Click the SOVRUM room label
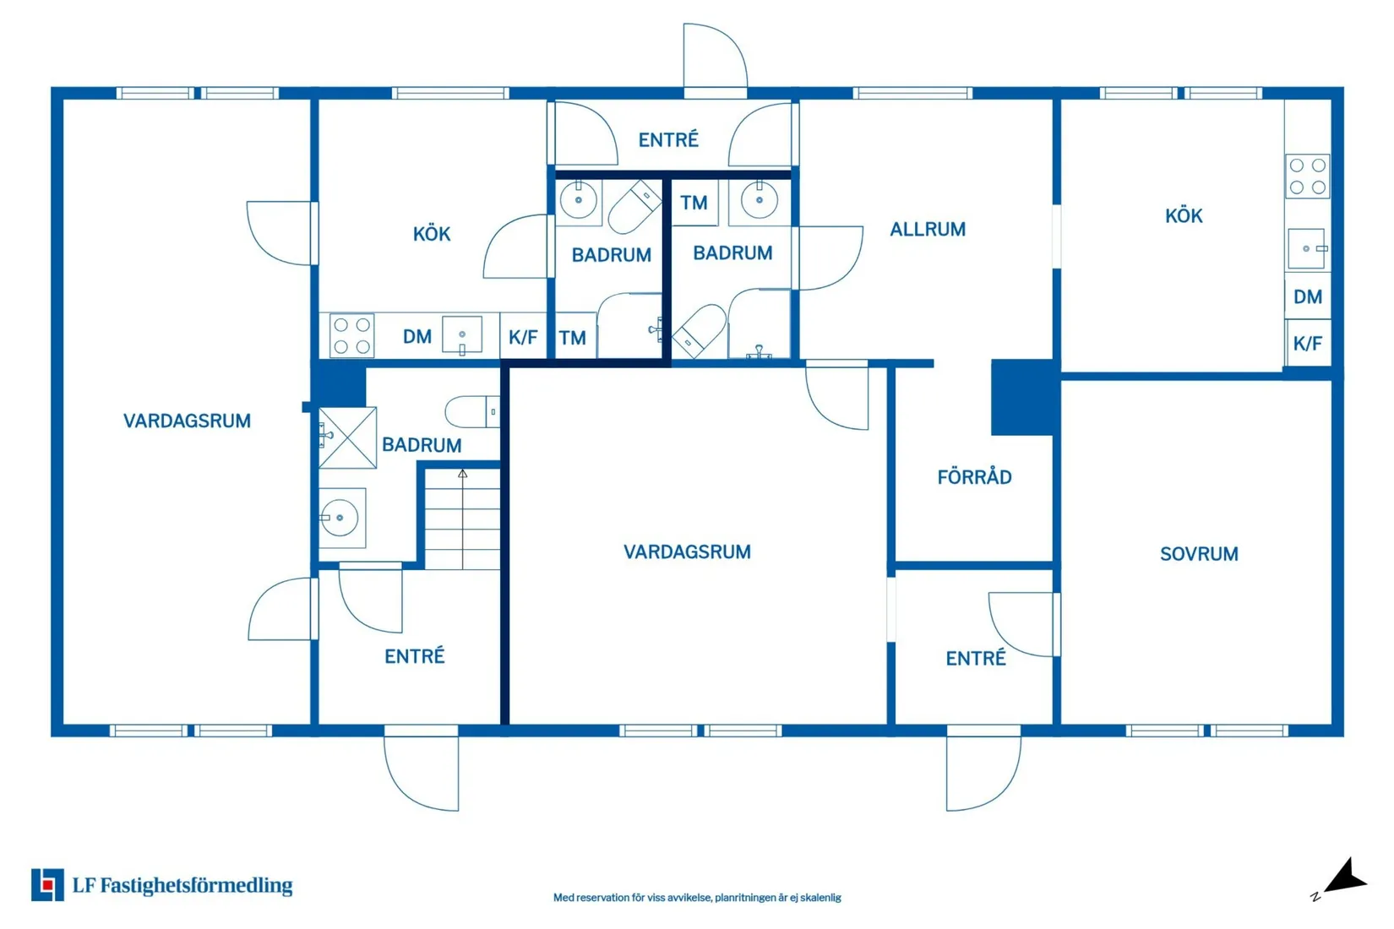(1199, 554)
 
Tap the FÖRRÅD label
(975, 477)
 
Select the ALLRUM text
(928, 230)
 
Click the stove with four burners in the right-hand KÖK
(1307, 177)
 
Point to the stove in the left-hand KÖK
(351, 335)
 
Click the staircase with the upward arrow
(462, 519)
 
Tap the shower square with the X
(347, 437)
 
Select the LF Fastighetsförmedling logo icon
(47, 884)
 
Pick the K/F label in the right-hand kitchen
(1308, 343)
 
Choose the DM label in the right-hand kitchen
(1308, 296)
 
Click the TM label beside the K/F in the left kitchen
(572, 338)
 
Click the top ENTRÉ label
(668, 139)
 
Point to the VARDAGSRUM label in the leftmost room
(187, 421)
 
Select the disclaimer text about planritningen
(697, 897)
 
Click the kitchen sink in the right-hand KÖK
(1307, 248)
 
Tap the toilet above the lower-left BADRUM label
(471, 411)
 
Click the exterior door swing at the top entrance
(715, 57)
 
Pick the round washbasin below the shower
(340, 517)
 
